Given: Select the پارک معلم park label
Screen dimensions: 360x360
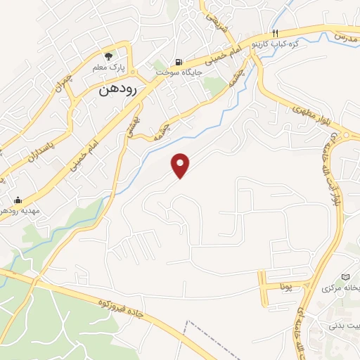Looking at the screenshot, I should click(108, 69).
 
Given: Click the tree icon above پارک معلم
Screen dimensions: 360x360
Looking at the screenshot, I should click(108, 56).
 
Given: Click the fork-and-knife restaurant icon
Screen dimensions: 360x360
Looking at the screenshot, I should click(276, 34).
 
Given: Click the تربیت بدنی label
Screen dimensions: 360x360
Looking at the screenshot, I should click(346, 326).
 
